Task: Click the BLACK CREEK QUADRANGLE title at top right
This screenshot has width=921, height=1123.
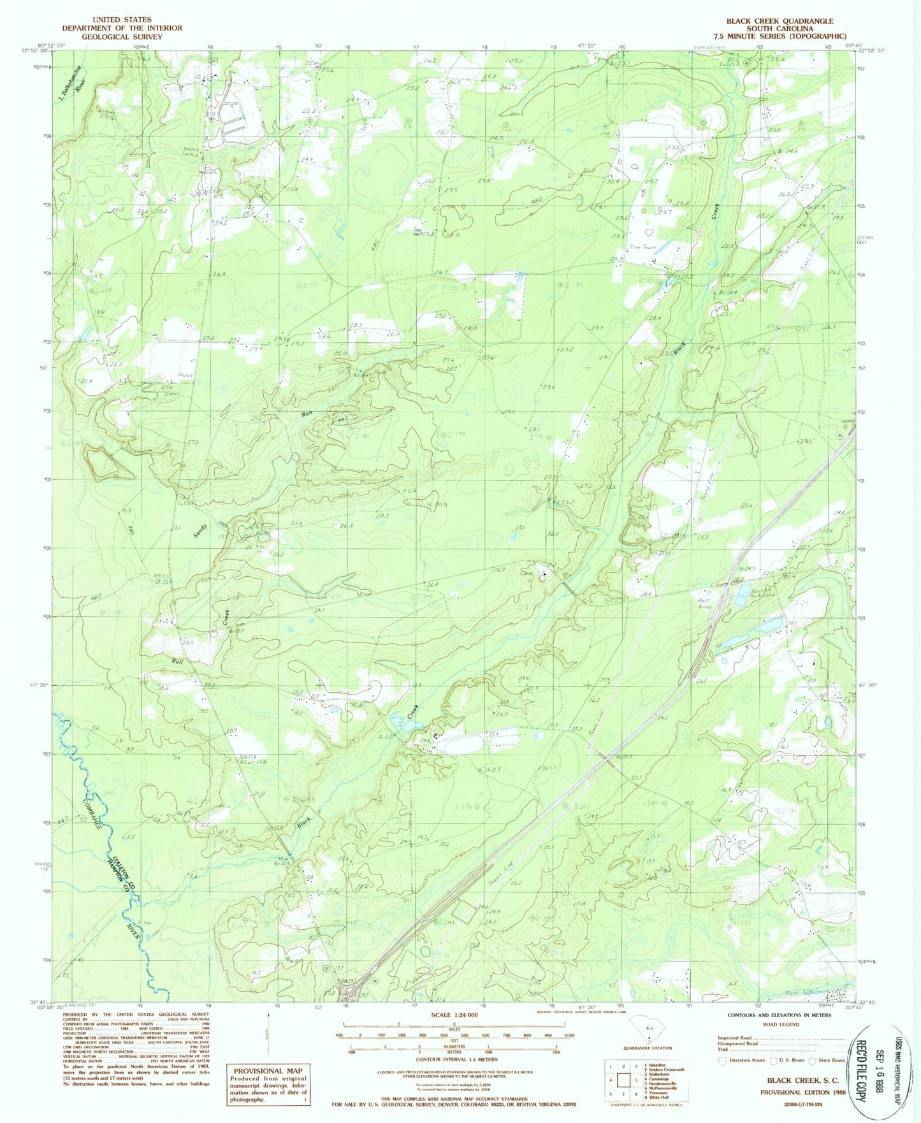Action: click(780, 21)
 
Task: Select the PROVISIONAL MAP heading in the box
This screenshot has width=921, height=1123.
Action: click(268, 1071)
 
